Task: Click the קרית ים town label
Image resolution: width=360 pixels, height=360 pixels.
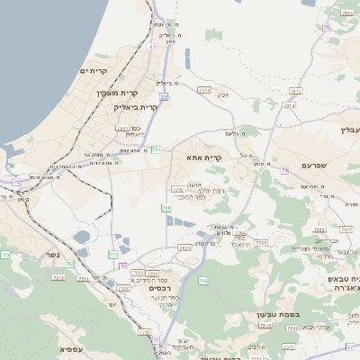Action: tap(94, 70)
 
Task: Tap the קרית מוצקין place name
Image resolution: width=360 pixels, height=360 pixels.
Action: tap(118, 93)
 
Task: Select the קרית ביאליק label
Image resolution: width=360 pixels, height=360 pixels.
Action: tap(135, 106)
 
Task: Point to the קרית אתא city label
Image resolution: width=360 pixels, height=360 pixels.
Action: tap(204, 157)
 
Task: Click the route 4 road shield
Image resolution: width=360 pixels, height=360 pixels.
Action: tap(150, 45)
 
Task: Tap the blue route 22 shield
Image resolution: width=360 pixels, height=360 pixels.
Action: tap(164, 95)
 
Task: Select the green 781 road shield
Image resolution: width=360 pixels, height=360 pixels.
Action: tap(157, 148)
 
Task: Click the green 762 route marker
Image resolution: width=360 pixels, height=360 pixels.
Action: tap(203, 282)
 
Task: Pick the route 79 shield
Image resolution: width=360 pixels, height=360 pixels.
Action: tap(284, 170)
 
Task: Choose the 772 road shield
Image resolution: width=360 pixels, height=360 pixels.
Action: tap(114, 255)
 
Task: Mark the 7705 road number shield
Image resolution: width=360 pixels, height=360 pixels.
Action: tap(262, 243)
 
